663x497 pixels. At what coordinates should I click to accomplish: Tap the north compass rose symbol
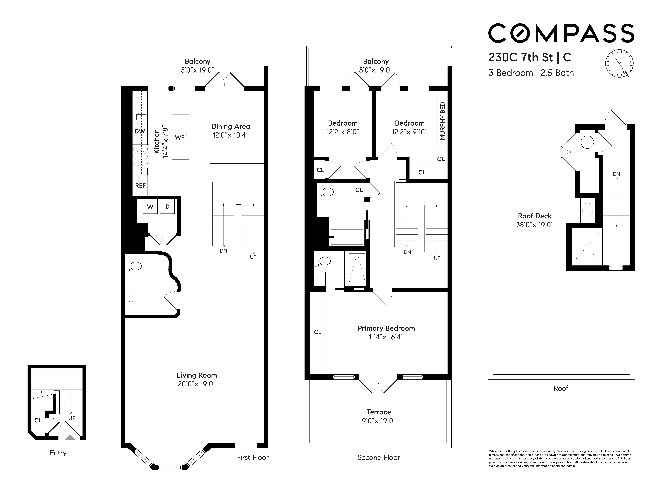619,63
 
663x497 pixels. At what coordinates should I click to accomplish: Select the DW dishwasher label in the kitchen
140,131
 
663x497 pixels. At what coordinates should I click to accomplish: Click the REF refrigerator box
140,186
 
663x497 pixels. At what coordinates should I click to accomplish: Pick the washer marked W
150,207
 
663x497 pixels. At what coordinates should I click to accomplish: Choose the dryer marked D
167,207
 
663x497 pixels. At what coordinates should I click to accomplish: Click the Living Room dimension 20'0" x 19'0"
197,384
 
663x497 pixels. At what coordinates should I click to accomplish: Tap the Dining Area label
230,126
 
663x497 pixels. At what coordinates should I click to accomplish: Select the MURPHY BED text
442,121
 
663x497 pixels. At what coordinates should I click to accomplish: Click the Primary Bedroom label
386,328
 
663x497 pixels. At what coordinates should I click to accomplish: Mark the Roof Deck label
535,216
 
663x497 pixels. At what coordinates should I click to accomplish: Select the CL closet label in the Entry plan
38,420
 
